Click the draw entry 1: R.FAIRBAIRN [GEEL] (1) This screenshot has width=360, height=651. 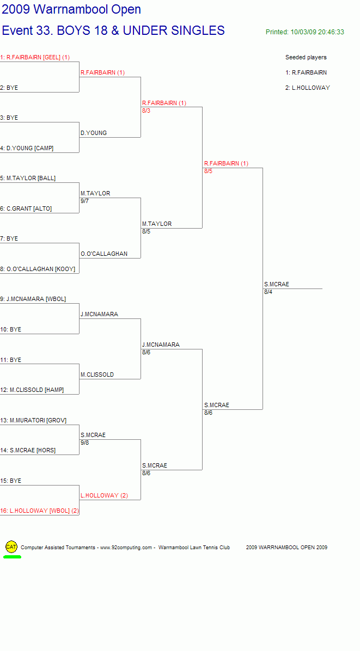tap(35, 57)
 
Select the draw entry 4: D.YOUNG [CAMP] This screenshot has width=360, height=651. tap(27, 148)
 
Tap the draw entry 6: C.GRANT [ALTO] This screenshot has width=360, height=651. tap(26, 208)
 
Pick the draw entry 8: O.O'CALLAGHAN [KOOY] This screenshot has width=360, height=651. tap(38, 269)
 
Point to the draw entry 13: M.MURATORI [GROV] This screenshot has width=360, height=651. tap(33, 420)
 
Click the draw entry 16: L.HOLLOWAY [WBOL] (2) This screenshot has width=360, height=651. tap(39, 511)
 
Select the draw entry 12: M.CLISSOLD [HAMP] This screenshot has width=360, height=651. tap(32, 390)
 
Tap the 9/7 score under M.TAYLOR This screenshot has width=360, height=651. tap(85, 201)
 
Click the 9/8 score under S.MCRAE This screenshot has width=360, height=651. tap(85, 443)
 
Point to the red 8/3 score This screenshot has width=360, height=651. tap(146, 110)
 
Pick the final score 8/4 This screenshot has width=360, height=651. tap(269, 292)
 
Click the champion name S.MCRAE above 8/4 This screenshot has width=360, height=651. tap(277, 284)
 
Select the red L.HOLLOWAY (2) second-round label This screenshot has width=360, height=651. tap(104, 495)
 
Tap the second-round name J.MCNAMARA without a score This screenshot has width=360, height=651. tap(99, 314)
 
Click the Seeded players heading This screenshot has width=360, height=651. tap(306, 57)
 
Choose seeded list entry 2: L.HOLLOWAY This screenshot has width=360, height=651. tap(308, 88)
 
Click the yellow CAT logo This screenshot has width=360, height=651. tap(11, 547)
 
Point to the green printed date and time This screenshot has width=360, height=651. tap(305, 32)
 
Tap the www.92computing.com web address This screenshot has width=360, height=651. tap(126, 547)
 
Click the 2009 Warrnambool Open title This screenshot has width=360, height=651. tap(71, 9)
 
